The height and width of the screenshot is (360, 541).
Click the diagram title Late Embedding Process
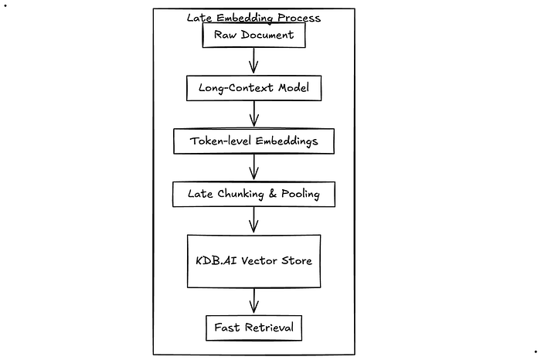253,17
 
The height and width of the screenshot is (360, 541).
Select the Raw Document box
253,36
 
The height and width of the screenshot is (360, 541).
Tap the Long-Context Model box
253,88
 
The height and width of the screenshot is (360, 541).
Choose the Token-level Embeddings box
253,141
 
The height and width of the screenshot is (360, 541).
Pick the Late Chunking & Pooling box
253,194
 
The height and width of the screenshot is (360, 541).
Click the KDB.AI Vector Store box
253,261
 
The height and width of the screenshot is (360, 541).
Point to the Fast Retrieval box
253,328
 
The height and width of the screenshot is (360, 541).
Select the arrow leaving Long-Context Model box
253,114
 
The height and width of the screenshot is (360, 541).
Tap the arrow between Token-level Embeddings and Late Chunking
253,168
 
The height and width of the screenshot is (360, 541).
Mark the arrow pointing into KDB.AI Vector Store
253,221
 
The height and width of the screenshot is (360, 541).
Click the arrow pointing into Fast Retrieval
253,302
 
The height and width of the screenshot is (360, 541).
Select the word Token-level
218,141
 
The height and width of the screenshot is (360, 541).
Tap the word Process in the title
298,17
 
